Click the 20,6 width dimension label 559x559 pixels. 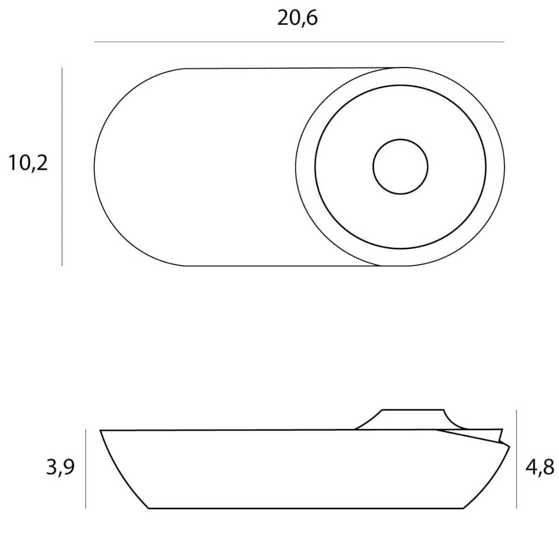coord(297,19)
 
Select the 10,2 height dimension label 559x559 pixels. coord(28,164)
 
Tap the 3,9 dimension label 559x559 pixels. coord(61,467)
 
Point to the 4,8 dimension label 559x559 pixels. coord(540,467)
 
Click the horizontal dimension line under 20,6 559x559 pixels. coord(299,42)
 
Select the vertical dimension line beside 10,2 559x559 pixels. coord(62,166)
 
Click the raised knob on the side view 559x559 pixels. coord(412,419)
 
